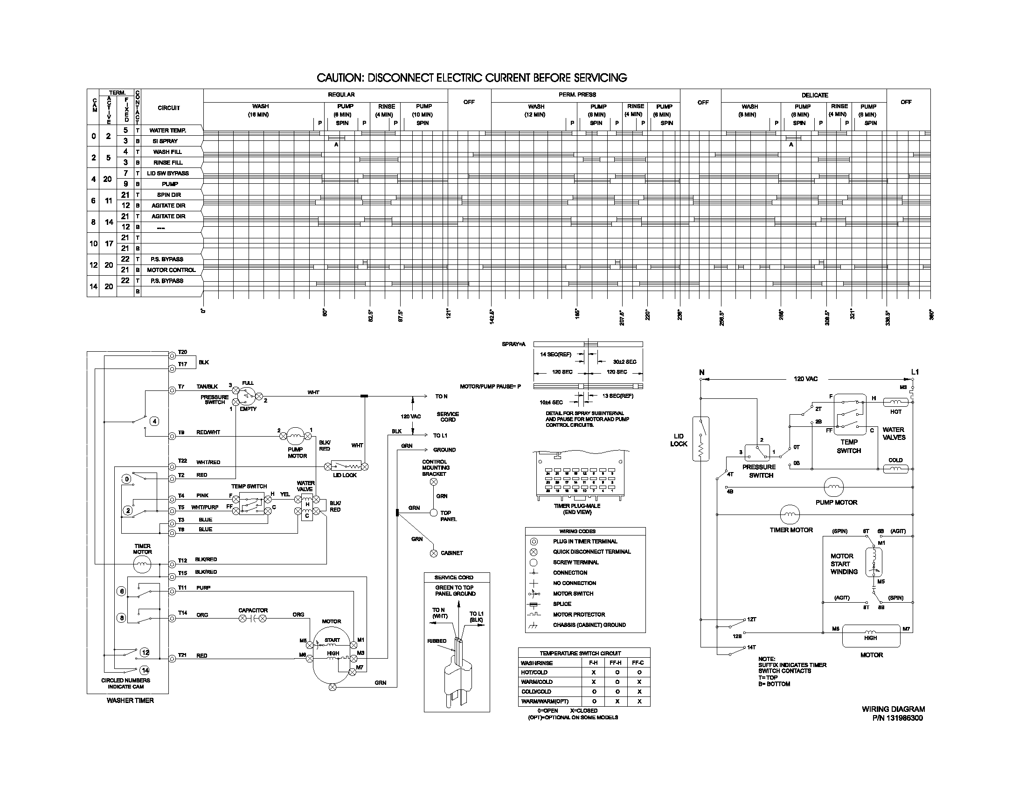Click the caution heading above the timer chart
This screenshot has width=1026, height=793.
tap(471, 77)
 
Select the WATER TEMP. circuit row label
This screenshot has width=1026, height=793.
tap(168, 131)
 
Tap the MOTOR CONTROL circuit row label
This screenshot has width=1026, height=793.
tap(171, 270)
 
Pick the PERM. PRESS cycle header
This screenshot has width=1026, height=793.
tap(577, 95)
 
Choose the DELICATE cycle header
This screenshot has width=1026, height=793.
tap(815, 95)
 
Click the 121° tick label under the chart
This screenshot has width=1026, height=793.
tap(448, 313)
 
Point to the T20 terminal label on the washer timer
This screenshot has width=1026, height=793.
tap(182, 352)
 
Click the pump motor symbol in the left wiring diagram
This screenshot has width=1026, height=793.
tap(296, 436)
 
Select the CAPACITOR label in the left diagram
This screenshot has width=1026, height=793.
tap(253, 610)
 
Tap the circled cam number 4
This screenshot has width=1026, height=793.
tap(154, 421)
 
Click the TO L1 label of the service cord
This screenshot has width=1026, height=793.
tap(440, 436)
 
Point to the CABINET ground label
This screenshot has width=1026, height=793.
tap(451, 553)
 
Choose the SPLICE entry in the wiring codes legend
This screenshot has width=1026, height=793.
tap(562, 604)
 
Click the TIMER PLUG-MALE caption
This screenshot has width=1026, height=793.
tap(577, 506)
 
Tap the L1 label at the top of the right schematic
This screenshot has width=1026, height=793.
tap(915, 372)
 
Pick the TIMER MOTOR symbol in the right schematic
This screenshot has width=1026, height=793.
tap(790, 515)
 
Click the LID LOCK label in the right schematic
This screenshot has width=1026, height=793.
tap(679, 440)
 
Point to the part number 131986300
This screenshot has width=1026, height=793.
tap(904, 718)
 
